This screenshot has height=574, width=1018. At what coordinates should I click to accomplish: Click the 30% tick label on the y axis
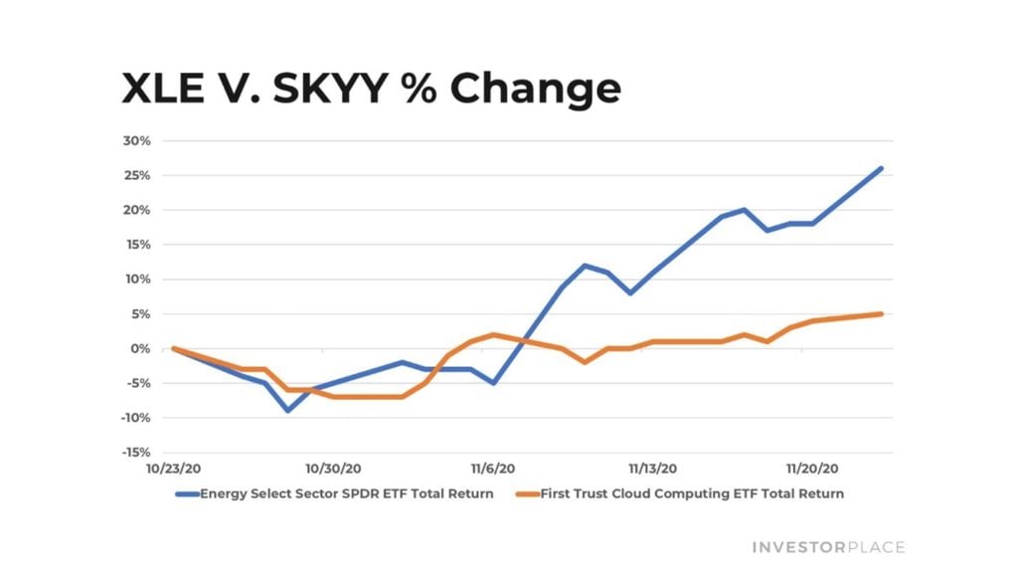[138, 140]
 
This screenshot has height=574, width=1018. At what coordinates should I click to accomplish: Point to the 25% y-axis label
[138, 175]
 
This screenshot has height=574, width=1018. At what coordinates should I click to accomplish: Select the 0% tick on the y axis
[142, 348]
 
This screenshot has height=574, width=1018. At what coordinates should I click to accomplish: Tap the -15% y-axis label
[135, 453]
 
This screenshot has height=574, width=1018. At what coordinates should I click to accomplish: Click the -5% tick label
[138, 383]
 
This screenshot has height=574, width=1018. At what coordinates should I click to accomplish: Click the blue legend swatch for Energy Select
[187, 493]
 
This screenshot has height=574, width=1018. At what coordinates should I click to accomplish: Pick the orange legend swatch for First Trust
[527, 493]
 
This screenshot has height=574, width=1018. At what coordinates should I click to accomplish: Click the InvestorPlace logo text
[828, 547]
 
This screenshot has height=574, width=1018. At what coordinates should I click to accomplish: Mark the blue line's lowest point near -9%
[288, 410]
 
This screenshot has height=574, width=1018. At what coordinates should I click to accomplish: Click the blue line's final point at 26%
[881, 168]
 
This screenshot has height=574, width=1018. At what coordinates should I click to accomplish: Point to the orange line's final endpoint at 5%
[881, 313]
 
